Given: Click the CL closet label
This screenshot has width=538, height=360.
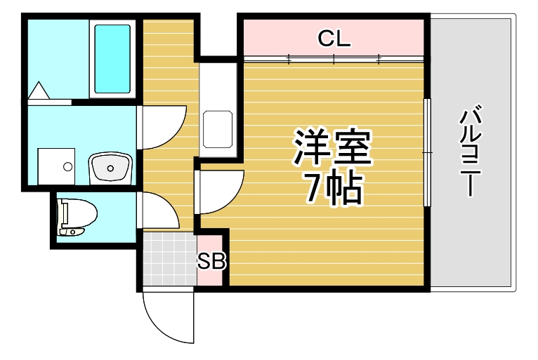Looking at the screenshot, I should coord(334,39).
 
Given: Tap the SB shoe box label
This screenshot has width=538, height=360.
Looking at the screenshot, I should coord(211,261).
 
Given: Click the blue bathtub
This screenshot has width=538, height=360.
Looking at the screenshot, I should coord(112,59).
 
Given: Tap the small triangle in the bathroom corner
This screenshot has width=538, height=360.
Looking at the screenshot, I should coord(39,91).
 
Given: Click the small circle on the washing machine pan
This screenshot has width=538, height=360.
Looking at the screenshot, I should coord(67,167).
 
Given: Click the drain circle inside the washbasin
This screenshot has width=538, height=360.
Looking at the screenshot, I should coord(110,168).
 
